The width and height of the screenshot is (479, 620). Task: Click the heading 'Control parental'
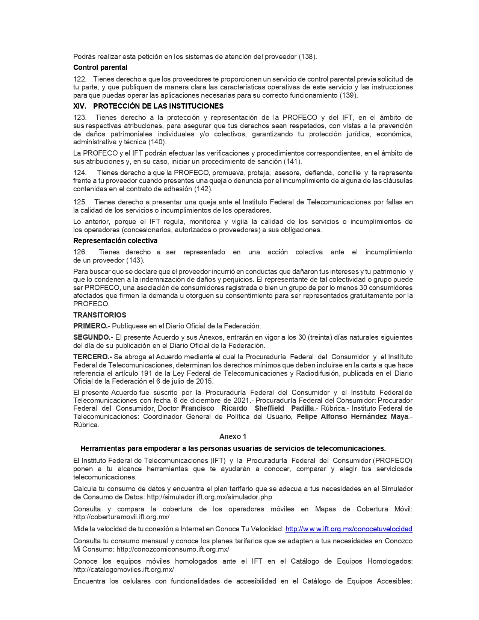100,68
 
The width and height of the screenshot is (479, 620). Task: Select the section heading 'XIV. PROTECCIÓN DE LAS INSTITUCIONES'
148,106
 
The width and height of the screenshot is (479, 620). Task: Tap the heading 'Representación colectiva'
115,240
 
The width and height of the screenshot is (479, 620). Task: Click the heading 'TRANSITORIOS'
100,315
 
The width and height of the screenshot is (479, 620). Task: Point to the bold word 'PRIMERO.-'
91,326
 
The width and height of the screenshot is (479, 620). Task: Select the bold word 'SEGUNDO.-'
93,337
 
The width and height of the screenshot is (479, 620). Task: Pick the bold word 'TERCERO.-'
92,357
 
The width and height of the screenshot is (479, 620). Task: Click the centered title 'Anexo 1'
233,436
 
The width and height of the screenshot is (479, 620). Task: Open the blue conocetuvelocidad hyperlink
349,529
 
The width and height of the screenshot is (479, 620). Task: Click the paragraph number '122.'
80,79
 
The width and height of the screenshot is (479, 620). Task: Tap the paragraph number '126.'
80,252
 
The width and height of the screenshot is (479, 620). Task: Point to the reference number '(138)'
307,57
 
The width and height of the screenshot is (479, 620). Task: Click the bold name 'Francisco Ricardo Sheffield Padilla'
247,408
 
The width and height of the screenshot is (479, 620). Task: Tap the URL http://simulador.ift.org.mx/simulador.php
209,497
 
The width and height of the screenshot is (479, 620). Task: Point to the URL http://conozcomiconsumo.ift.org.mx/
173,549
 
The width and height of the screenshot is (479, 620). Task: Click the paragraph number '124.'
80,172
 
